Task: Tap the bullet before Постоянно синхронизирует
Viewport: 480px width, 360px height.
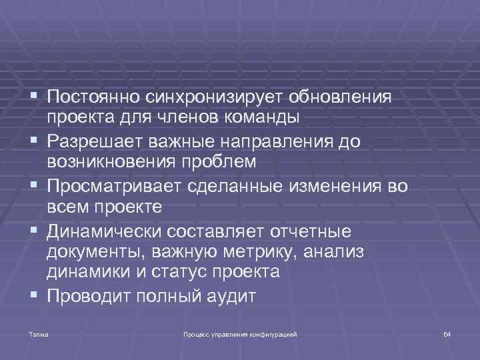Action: point(33,98)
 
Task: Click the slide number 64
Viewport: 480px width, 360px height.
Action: point(447,333)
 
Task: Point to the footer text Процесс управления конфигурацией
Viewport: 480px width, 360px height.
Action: point(240,333)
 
